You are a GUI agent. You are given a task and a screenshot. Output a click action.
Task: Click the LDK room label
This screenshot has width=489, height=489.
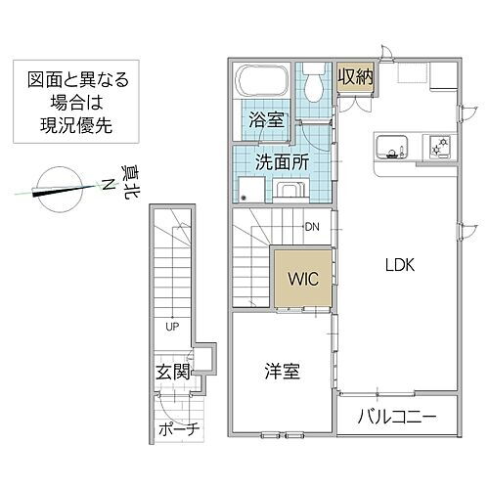[401, 264]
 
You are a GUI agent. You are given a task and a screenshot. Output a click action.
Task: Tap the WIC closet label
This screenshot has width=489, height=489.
[300, 278]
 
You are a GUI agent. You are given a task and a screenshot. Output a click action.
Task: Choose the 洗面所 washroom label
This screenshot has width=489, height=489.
[283, 161]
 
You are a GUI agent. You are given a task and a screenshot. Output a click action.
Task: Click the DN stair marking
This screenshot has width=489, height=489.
[312, 228]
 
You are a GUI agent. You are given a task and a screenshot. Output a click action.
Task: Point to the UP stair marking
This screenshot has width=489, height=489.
[171, 326]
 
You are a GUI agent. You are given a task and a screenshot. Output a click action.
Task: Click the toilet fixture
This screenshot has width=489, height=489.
[313, 82]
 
